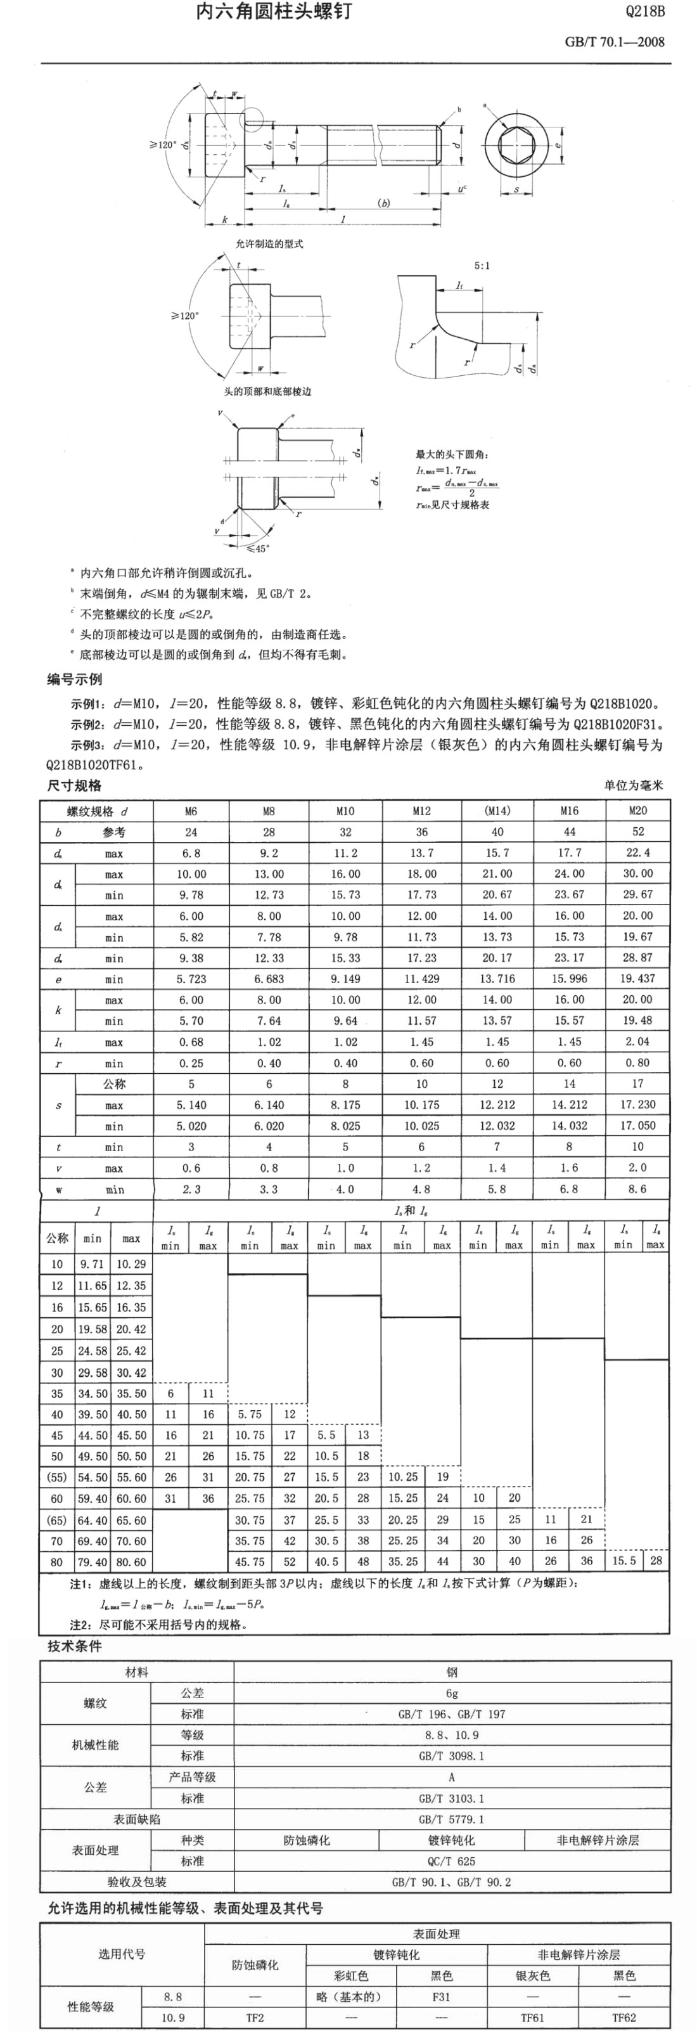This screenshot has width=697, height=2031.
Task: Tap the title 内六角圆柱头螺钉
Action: pyautogui.click(x=274, y=11)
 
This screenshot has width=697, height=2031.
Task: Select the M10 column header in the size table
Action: pyautogui.click(x=345, y=811)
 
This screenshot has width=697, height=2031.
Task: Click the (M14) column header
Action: pyautogui.click(x=497, y=811)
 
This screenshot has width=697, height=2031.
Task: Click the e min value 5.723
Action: pyautogui.click(x=191, y=979)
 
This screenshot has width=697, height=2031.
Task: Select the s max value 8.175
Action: pyautogui.click(x=345, y=1105)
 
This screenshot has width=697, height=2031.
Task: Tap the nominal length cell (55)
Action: pyautogui.click(x=57, y=1477)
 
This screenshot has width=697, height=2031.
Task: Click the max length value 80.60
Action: pyautogui.click(x=131, y=1562)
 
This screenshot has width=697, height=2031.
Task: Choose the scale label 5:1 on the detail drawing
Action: pyautogui.click(x=482, y=266)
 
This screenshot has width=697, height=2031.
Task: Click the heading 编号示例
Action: pyautogui.click(x=74, y=680)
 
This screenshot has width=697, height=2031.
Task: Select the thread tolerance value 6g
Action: pyautogui.click(x=451, y=1693)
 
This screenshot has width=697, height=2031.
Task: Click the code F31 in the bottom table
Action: pyautogui.click(x=441, y=1996)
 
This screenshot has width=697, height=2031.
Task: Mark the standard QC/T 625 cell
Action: pyautogui.click(x=451, y=1860)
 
